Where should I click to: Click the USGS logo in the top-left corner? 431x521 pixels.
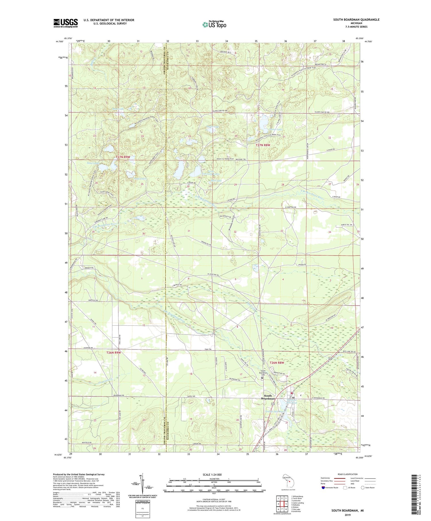(66, 23)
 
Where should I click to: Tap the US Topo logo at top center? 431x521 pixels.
(214, 24)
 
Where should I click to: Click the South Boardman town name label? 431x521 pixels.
(268, 397)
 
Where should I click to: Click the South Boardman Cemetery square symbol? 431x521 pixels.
(262, 378)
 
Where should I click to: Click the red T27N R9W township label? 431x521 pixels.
(123, 157)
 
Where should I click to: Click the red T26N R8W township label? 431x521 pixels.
(276, 363)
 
